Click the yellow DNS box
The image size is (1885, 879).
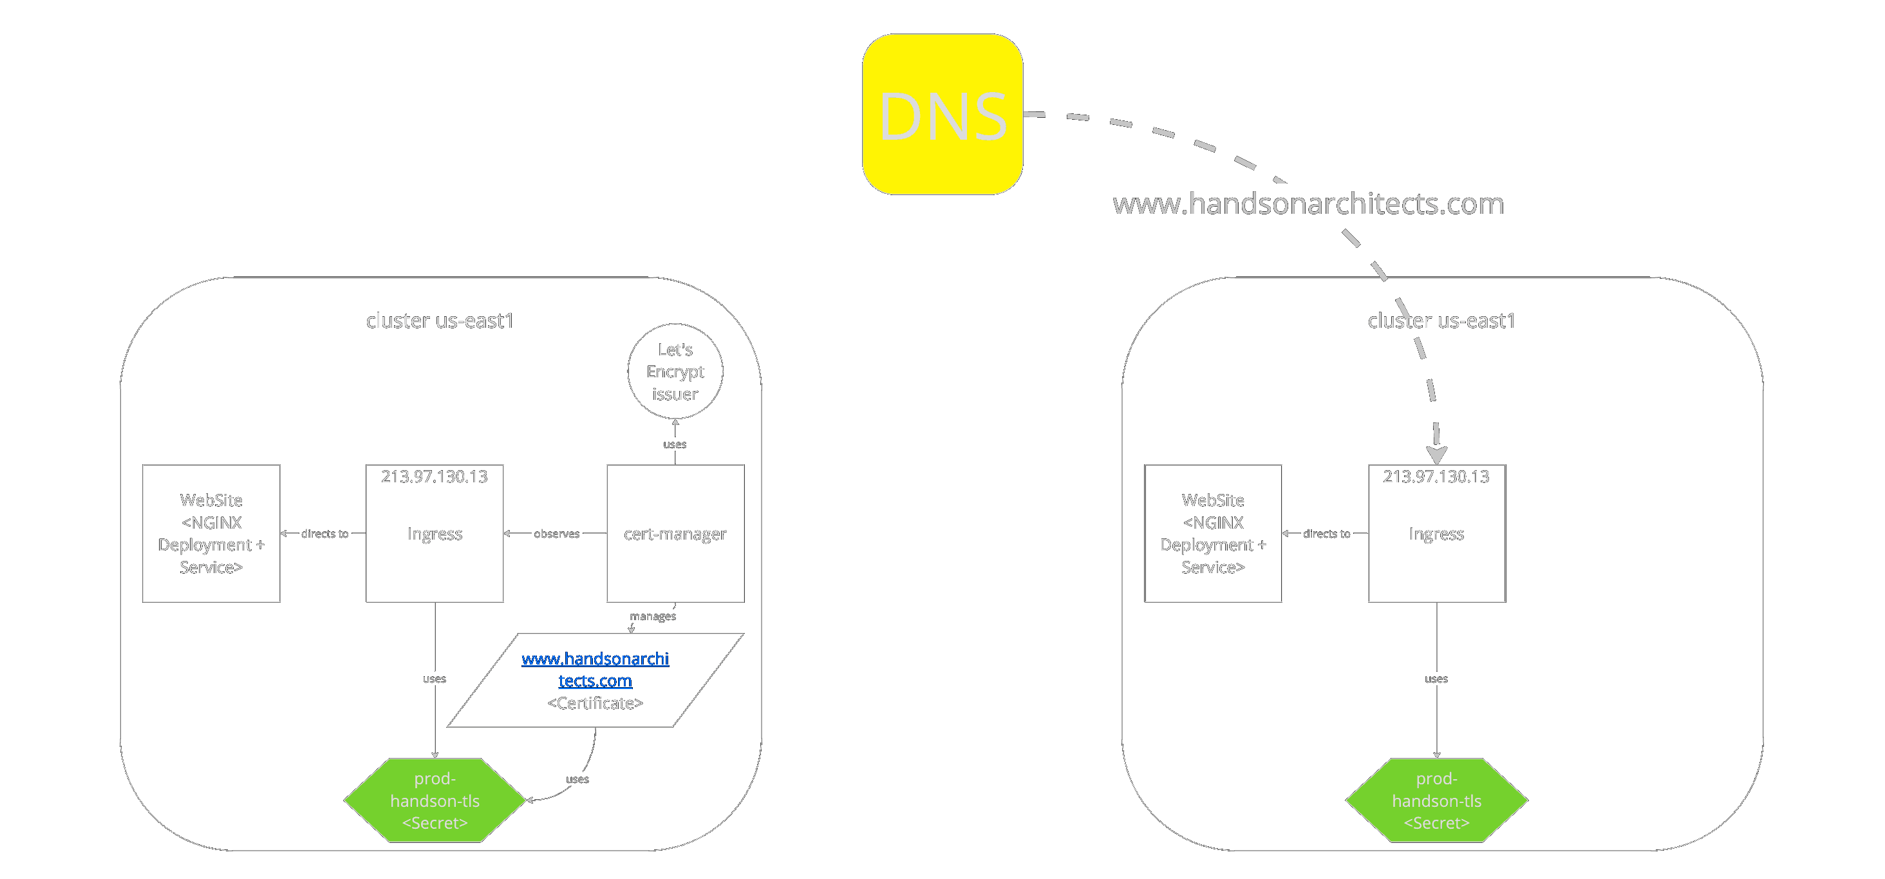[x=942, y=114]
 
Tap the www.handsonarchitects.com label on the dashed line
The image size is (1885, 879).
[x=1308, y=203]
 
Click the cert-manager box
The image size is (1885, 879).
[x=675, y=534]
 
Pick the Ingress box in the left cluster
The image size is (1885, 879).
[x=435, y=534]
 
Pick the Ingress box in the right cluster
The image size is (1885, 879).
[x=1437, y=534]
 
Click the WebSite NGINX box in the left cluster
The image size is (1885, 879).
[x=211, y=534]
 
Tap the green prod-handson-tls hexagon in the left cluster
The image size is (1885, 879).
[x=435, y=800]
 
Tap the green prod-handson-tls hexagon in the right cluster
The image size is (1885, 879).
[x=1437, y=800]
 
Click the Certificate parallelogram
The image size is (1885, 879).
[x=595, y=681]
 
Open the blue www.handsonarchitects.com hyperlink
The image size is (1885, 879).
[x=595, y=670]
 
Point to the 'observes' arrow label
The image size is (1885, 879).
[x=557, y=534]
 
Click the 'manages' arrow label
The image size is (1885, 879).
[x=653, y=616]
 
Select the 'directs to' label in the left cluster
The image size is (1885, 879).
[x=325, y=534]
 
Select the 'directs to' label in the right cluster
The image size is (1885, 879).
[x=1327, y=534]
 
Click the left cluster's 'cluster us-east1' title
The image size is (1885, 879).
[x=440, y=321]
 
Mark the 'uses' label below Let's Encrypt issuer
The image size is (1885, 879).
[x=675, y=444]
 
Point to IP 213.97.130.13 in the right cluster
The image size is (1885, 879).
[x=1436, y=477]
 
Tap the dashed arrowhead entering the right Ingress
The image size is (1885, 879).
[x=1436, y=455]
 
